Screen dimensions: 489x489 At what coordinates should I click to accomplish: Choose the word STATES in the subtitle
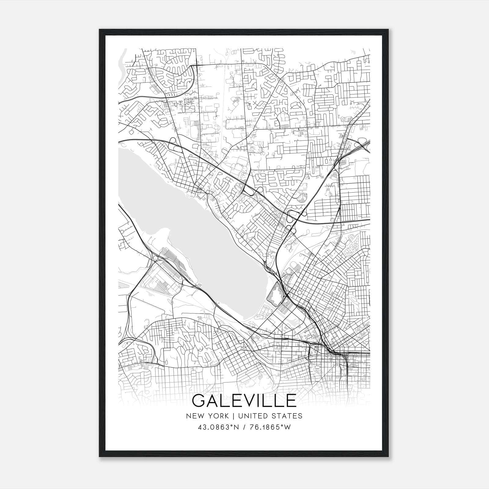tap(288, 416)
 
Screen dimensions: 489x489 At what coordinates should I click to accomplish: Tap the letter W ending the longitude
tap(288, 427)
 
